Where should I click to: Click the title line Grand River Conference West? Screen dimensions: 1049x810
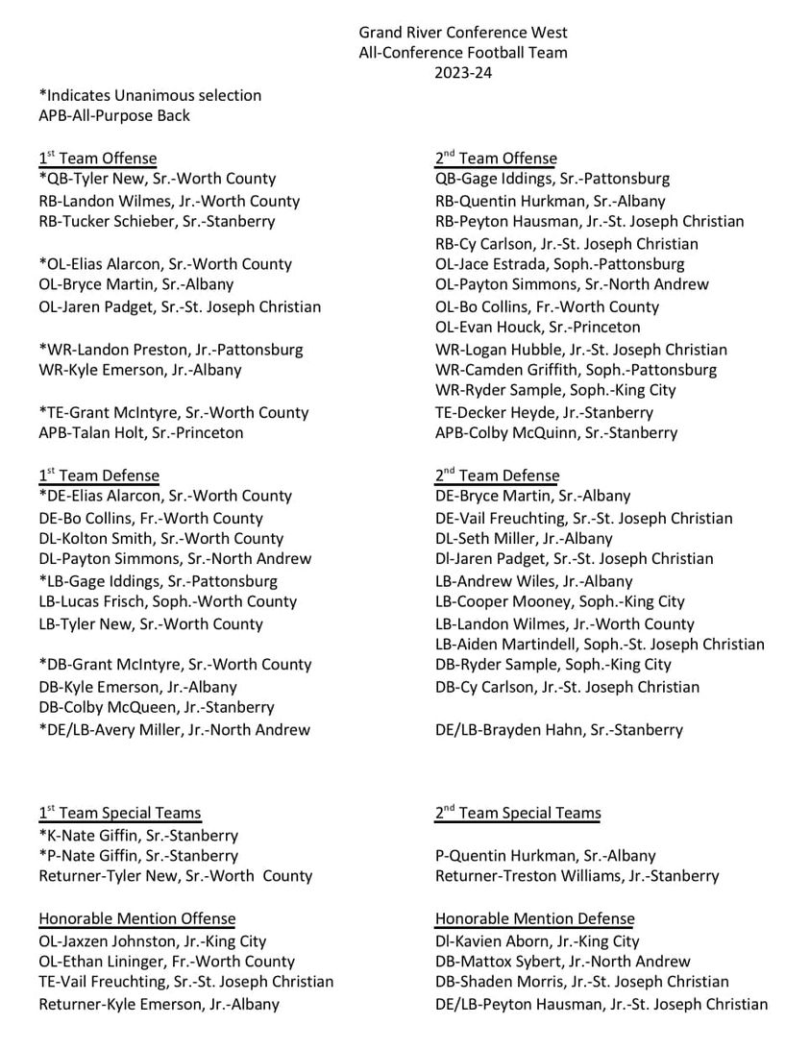click(463, 34)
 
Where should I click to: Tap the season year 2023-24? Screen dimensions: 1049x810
click(463, 73)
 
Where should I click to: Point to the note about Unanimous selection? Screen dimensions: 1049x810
click(150, 95)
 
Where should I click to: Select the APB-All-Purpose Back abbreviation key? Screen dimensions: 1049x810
click(114, 115)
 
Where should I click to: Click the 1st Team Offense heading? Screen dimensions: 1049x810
click(97, 159)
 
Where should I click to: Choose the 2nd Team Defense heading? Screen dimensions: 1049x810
click(497, 476)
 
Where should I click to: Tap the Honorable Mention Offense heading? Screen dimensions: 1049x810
click(136, 919)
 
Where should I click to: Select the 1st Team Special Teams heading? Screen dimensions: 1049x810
click(120, 814)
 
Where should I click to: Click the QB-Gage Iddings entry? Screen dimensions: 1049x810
click(552, 179)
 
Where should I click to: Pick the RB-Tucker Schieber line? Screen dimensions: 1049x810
click(157, 221)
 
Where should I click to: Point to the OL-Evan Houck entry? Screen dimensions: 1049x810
click(537, 328)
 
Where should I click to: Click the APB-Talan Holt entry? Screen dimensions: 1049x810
click(140, 432)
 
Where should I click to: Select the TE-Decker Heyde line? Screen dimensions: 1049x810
click(544, 412)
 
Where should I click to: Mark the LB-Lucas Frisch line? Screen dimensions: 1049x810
click(167, 601)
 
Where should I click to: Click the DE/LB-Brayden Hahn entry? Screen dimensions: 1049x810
click(559, 729)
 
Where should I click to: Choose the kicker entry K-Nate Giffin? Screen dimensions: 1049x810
click(138, 836)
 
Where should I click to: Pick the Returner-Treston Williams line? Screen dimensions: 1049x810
click(577, 876)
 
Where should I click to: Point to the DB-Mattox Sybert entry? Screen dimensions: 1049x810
click(562, 962)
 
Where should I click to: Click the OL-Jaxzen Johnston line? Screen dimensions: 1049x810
click(152, 941)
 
